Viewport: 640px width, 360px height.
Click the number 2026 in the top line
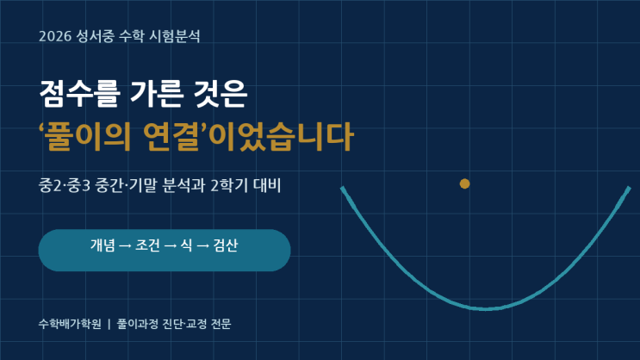pos(55,36)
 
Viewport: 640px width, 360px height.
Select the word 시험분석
pos(174,36)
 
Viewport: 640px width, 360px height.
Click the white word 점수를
pos(79,94)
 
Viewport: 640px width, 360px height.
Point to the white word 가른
pos(156,94)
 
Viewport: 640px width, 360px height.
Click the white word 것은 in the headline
pos(221,94)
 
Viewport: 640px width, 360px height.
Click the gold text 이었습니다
pos(280,137)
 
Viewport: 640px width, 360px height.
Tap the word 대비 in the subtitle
pos(267,186)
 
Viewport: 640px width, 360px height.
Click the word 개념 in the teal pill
pos(103,245)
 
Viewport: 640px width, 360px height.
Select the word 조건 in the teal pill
pos(147,245)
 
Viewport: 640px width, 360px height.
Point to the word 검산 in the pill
pos(226,245)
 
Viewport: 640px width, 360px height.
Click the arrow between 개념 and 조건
pos(125,245)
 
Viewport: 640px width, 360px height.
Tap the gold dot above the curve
pos(464,183)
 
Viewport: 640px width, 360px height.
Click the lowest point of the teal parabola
pos(486,308)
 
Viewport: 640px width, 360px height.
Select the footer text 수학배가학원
pos(70,324)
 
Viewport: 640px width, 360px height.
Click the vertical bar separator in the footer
pos(109,324)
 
